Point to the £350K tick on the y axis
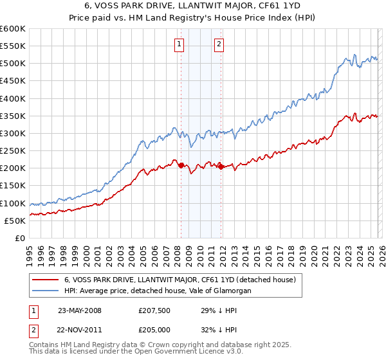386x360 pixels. point(12,116)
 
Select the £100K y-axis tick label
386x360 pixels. point(12,203)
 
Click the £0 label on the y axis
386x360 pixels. point(19,238)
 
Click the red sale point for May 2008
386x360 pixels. point(181,165)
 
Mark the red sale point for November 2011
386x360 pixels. point(221,166)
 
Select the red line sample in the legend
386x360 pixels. point(44,280)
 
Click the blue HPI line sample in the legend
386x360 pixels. point(44,291)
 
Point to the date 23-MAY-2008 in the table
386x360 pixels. point(80,310)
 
